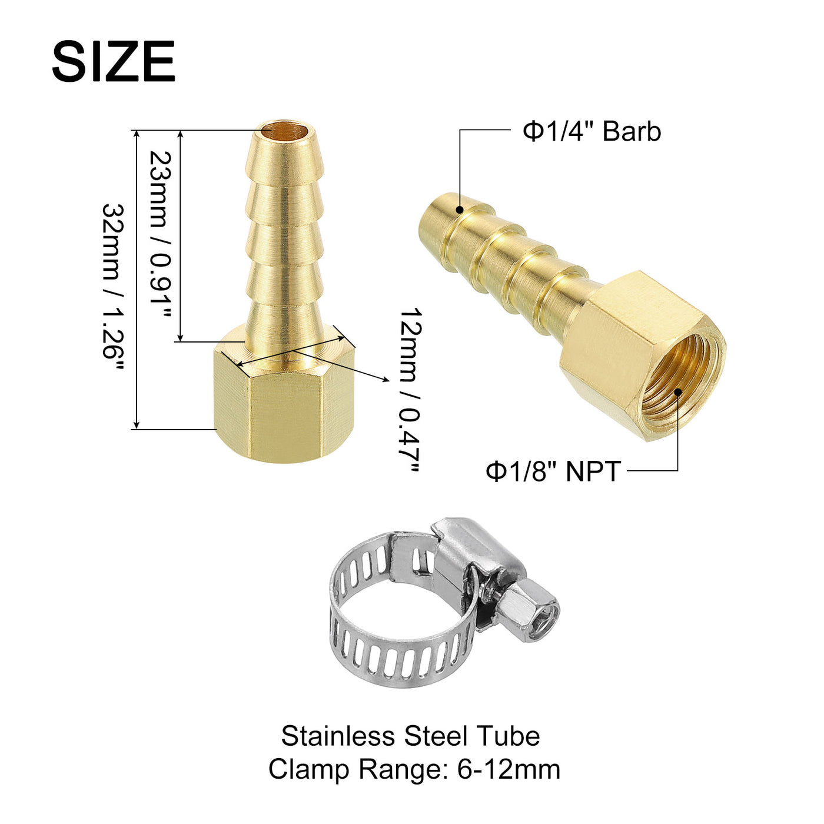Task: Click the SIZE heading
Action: coord(114,61)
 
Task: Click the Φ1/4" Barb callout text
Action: coord(592,131)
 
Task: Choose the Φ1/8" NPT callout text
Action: coord(553,471)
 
